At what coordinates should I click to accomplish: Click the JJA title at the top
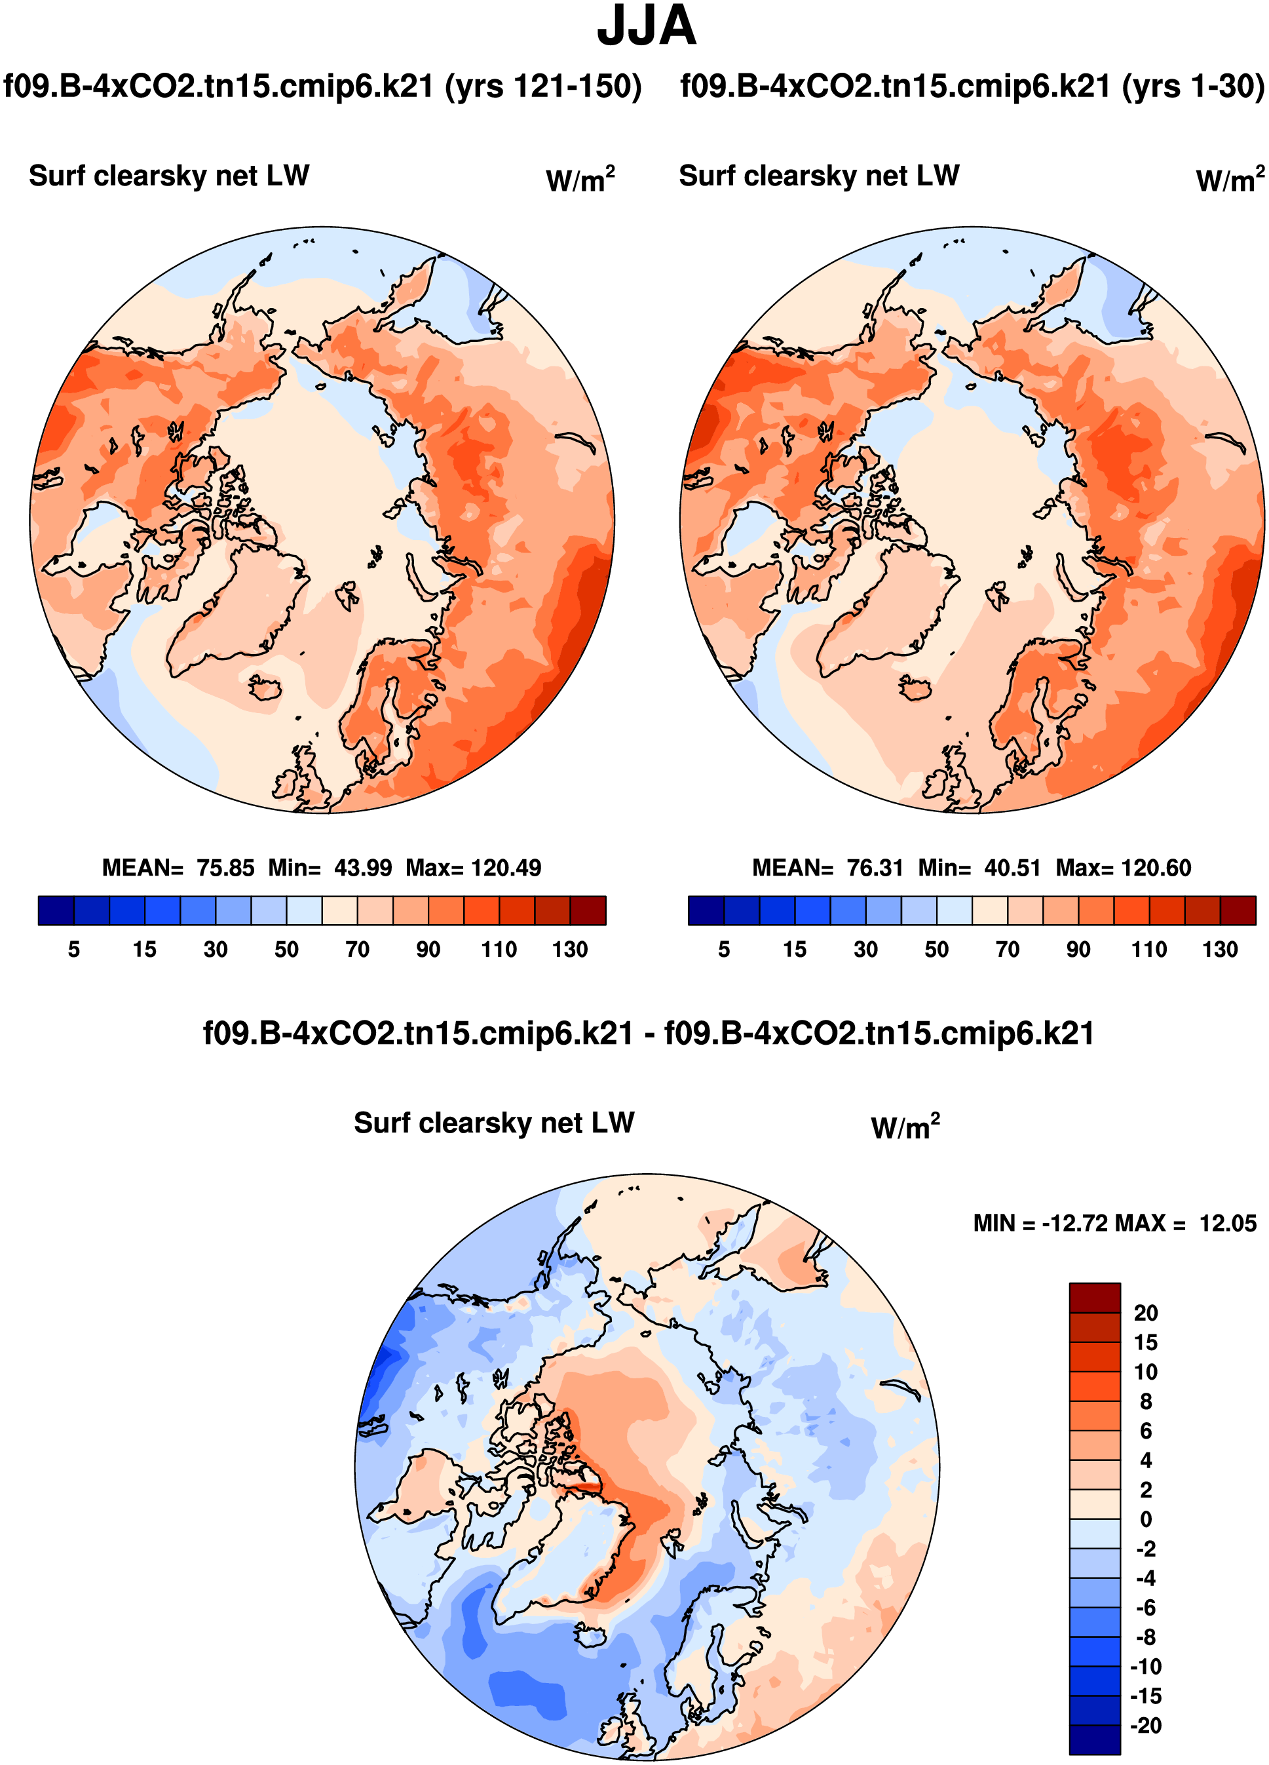[x=645, y=26]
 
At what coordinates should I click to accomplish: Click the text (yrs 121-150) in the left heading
[x=543, y=87]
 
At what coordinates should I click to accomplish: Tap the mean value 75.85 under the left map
[x=225, y=868]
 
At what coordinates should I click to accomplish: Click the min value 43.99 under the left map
[x=362, y=868]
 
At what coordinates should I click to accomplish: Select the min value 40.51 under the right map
[x=1012, y=868]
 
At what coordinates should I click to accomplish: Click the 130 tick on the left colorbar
[x=569, y=950]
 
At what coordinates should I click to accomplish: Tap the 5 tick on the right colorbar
[x=723, y=950]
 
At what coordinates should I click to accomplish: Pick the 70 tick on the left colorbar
[x=357, y=950]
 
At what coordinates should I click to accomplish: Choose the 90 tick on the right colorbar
[x=1078, y=950]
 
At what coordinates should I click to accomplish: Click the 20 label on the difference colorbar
[x=1145, y=1313]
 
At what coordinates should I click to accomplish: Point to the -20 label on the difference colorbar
[x=1145, y=1725]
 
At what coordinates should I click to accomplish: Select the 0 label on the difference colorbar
[x=1145, y=1519]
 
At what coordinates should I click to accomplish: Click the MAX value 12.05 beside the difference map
[x=1227, y=1224]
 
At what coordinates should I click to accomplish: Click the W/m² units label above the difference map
[x=905, y=1127]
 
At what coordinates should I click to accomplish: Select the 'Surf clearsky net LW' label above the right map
[x=818, y=176]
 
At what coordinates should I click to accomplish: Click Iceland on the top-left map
[x=265, y=687]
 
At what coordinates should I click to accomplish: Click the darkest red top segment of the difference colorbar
[x=1094, y=1297]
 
